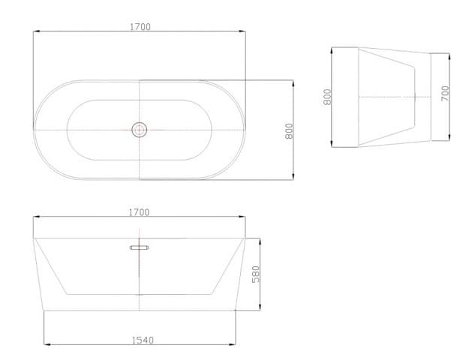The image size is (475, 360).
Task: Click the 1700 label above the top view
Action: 140,27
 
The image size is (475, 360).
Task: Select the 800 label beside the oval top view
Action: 288,130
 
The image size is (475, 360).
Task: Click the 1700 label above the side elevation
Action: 139,212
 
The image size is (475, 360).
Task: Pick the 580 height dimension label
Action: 255,274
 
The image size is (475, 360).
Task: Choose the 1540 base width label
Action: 142,340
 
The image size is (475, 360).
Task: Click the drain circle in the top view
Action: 139,130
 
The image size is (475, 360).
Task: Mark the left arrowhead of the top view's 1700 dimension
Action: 36,31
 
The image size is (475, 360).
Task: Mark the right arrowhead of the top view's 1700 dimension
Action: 244,31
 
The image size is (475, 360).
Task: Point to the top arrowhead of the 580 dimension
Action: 260,239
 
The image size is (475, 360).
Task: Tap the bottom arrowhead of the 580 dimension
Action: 260,309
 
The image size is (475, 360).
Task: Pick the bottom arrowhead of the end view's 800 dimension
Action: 332,145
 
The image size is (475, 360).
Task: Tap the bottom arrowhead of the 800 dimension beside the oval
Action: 293,178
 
